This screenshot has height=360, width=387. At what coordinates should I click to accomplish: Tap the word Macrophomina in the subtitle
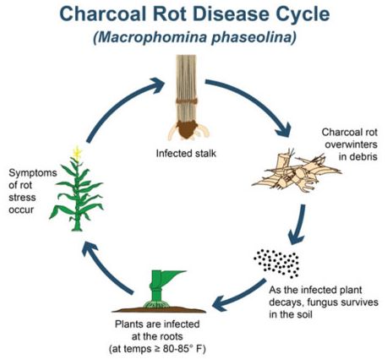152,37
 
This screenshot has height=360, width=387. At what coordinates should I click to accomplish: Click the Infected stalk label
186,153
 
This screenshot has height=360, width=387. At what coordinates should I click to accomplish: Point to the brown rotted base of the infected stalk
187,129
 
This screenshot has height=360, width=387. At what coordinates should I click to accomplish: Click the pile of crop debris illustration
296,172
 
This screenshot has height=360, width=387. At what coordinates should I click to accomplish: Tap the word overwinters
351,145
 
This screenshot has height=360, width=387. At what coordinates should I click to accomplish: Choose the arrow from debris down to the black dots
298,225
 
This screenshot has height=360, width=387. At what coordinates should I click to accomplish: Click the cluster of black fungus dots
276,263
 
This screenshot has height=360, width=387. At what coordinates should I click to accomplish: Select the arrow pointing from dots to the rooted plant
239,295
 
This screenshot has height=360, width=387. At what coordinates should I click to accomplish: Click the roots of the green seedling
156,304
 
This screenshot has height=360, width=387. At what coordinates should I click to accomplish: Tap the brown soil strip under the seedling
159,310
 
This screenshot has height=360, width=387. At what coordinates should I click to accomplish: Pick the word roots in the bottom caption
171,336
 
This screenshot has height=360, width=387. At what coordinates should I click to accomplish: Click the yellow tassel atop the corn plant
77,153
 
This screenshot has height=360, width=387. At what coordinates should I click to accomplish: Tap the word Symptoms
33,173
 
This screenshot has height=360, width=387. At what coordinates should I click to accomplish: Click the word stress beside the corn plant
22,198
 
